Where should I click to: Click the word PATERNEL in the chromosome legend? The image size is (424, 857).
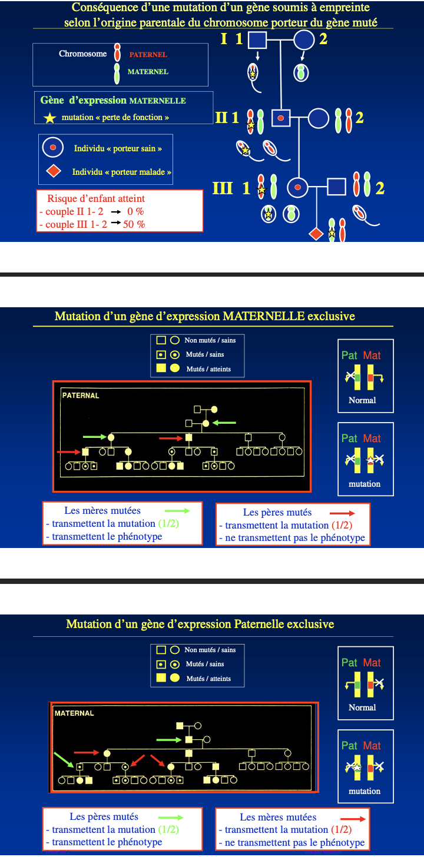coord(148,55)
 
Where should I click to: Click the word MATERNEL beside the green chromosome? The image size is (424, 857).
coord(148,72)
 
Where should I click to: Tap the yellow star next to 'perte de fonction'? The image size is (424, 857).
coord(50,118)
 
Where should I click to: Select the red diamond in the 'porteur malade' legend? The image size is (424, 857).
coord(54,172)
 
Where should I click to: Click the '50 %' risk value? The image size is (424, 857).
coord(134,224)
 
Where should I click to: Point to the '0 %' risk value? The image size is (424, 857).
coord(135,211)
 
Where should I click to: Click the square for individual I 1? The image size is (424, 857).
coord(257,39)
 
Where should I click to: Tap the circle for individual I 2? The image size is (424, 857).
coord(304,39)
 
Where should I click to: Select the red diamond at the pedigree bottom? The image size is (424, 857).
coord(316,234)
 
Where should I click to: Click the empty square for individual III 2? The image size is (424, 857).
coord(336,187)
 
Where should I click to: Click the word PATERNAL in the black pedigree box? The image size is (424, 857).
coord(81,396)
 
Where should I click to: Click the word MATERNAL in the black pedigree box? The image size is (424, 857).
coord(74,713)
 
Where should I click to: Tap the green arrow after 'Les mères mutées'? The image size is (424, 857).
coord(177,511)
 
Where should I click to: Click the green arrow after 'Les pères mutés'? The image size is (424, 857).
coord(171,817)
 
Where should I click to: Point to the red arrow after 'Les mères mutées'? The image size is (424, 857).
coord(353,818)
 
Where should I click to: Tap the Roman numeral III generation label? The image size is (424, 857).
coord(223,188)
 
